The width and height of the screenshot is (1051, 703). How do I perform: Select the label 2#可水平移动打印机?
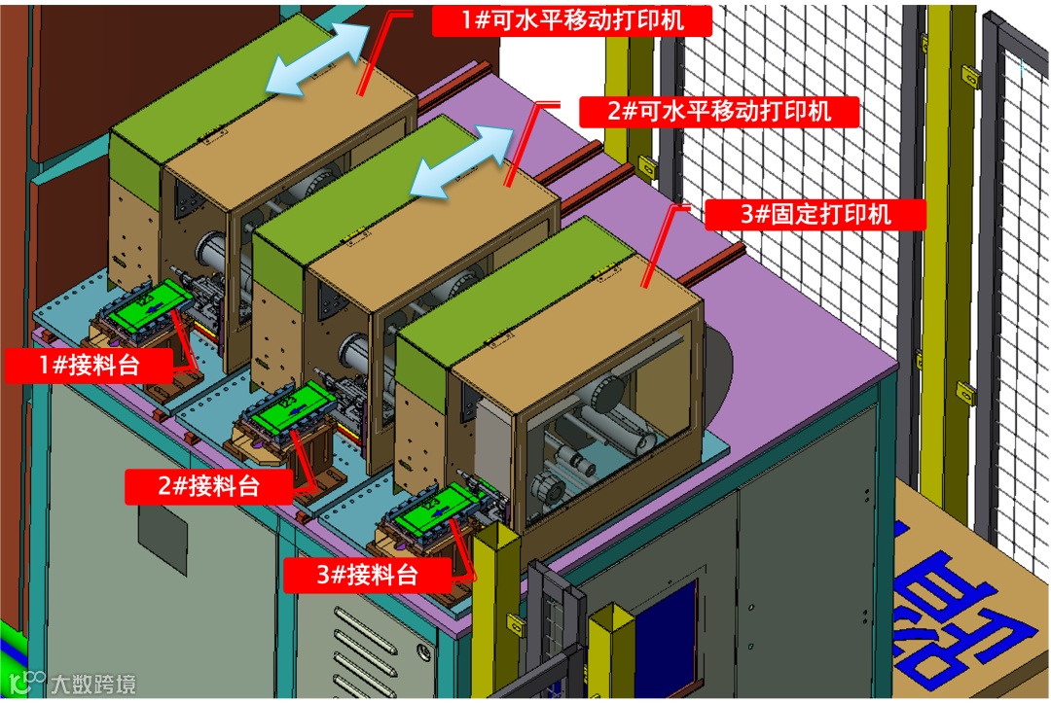pyautogui.click(x=719, y=111)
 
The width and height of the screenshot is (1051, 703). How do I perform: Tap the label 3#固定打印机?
pyautogui.click(x=815, y=214)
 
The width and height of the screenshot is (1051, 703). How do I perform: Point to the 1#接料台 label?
pyautogui.click(x=89, y=365)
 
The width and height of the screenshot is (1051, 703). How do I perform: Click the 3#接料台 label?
pyautogui.click(x=367, y=574)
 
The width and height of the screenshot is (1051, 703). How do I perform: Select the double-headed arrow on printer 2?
pyautogui.click(x=459, y=161)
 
